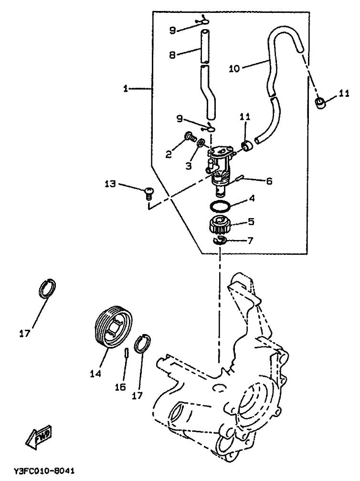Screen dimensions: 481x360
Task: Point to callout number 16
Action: (x=121, y=387)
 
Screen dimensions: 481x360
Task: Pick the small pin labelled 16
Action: (x=127, y=356)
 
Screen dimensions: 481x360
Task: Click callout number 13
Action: (x=110, y=183)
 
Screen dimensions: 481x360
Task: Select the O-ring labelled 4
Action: (x=220, y=207)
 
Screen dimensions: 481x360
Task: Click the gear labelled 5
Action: (x=221, y=224)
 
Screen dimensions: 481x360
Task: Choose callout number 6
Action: (x=269, y=181)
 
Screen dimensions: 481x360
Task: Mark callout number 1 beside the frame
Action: (x=126, y=88)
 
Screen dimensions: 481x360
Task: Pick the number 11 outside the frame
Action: (x=345, y=94)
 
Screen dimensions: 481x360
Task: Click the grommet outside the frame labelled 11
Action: (x=321, y=102)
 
